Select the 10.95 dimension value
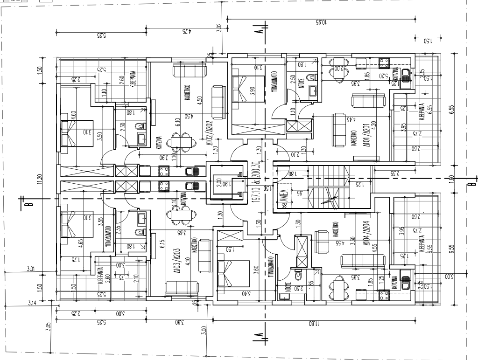[x=320, y=22]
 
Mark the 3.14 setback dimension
[x=32, y=303]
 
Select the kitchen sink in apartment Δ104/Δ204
[x=406, y=283]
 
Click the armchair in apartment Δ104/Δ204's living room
[x=321, y=240]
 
